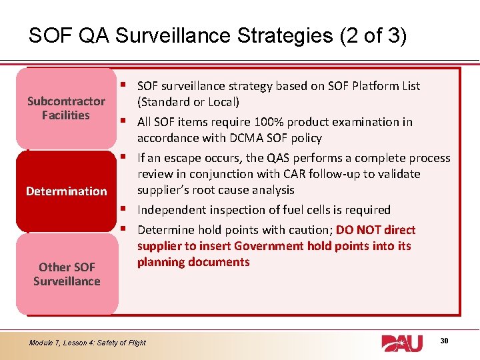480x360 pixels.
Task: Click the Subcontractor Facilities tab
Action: [66, 108]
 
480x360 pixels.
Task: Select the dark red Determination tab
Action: [66, 191]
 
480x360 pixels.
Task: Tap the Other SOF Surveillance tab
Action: [66, 274]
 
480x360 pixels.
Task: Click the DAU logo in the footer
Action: [401, 343]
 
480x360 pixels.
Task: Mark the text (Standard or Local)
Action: [188, 102]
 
